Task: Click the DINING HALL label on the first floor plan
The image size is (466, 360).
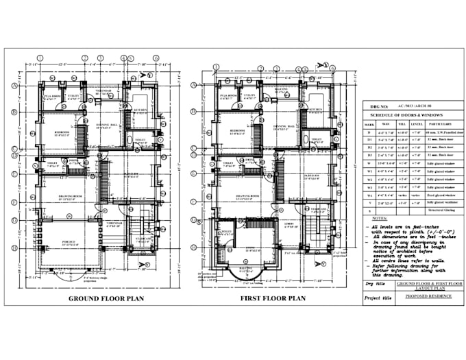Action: tap(285, 127)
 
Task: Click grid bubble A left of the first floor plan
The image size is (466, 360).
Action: tap(194, 86)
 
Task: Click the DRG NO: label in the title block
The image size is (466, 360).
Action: tap(377, 107)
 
